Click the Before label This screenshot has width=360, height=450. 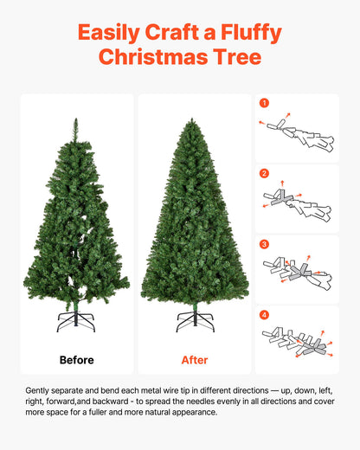[76, 359]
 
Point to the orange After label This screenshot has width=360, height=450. [195, 359]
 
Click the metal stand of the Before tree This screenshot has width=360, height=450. [76, 322]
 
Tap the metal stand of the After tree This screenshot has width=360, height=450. [195, 321]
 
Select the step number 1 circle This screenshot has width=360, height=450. [265, 103]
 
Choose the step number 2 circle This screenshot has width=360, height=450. [265, 173]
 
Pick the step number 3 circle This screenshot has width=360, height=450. [265, 244]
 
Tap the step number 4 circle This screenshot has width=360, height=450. [265, 314]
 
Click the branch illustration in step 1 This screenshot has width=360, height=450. [299, 134]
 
